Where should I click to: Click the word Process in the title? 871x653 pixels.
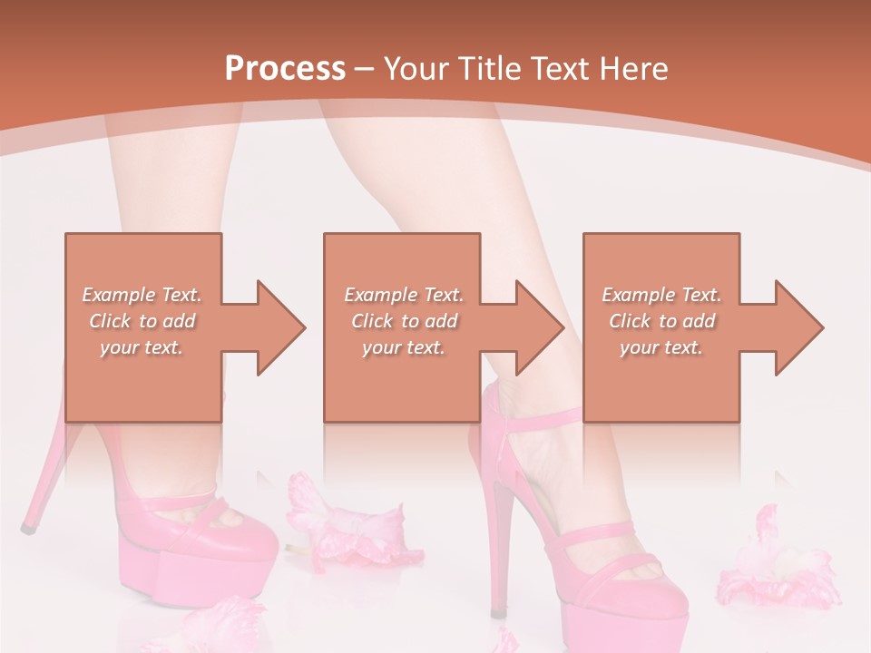[x=285, y=69]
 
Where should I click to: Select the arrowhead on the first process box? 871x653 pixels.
[x=277, y=327]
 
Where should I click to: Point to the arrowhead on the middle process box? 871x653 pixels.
[x=536, y=327]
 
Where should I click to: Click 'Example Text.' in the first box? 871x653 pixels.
[x=142, y=295]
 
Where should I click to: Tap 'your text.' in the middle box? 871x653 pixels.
[x=403, y=347]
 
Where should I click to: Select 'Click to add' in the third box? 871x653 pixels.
[x=661, y=321]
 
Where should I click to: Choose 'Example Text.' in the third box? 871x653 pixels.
[x=661, y=295]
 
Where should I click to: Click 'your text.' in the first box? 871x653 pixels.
[x=142, y=347]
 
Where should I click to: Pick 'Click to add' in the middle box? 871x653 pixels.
[x=403, y=321]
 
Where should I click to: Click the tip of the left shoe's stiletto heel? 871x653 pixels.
[x=28, y=525]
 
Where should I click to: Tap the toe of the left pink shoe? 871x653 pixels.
[x=245, y=544]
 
